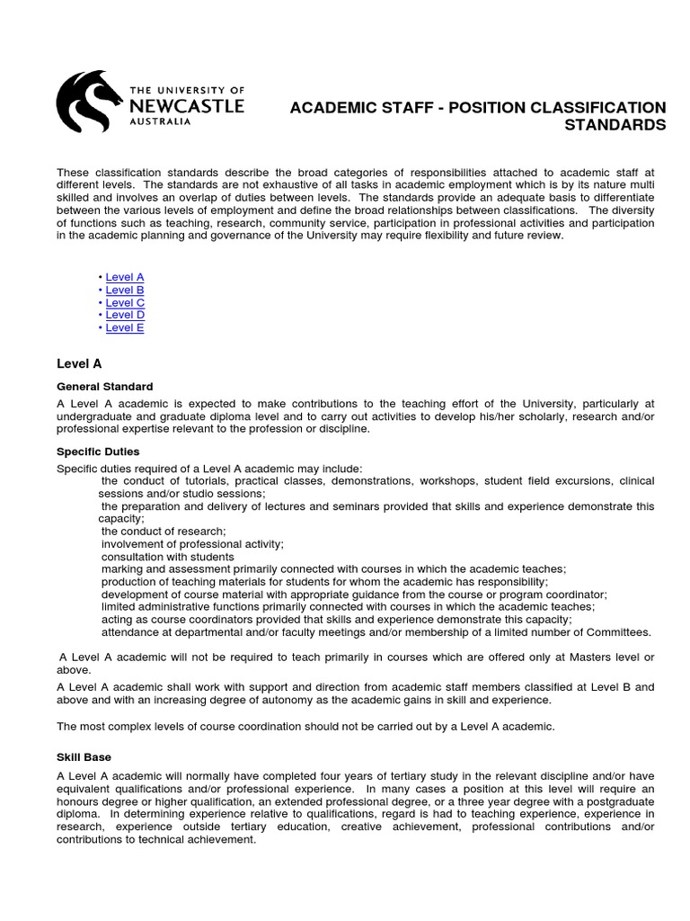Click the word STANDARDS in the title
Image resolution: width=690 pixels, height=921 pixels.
tap(615, 125)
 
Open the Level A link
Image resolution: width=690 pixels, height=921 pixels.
tap(125, 278)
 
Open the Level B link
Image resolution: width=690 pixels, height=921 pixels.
tap(125, 291)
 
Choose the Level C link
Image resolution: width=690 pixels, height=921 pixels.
tap(125, 303)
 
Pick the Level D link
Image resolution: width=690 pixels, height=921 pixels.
tap(125, 315)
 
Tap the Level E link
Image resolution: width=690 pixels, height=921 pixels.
tap(125, 327)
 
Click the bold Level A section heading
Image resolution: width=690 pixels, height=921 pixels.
tap(79, 364)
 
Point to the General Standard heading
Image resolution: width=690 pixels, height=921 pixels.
tap(105, 386)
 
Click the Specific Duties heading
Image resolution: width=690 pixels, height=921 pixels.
tap(98, 451)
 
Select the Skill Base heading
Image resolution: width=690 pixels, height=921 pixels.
tap(84, 757)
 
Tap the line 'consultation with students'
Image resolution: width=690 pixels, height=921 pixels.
tap(167, 557)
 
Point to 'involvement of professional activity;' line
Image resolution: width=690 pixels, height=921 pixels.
tap(192, 544)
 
